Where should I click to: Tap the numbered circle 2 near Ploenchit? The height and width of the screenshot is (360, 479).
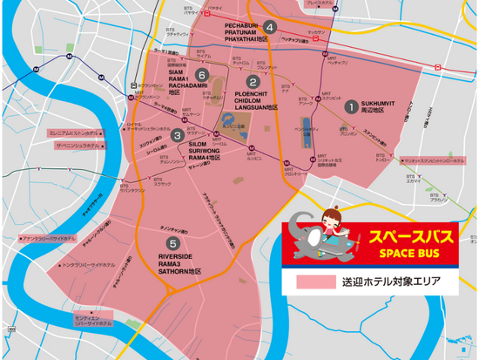pyautogui.click(x=253, y=83)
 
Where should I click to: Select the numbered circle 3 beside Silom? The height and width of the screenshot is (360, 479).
pyautogui.click(x=178, y=135)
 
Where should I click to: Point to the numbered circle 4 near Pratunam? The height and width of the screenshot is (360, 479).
pyautogui.click(x=271, y=27)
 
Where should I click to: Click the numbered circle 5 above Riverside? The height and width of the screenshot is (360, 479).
pyautogui.click(x=174, y=219)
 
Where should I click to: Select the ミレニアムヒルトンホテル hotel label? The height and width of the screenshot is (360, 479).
pyautogui.click(x=75, y=132)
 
